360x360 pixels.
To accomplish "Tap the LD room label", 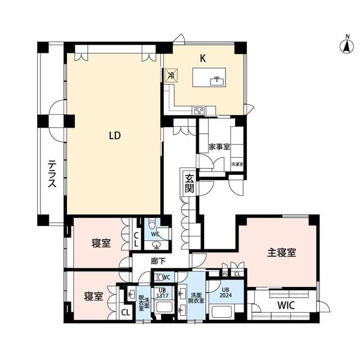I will click(x=115, y=136).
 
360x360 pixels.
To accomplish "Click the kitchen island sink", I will click(x=216, y=81).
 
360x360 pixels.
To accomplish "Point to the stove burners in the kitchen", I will click(x=200, y=110).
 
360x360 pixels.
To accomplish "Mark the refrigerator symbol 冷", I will click(x=171, y=74).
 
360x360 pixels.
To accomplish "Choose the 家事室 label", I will click(x=219, y=147).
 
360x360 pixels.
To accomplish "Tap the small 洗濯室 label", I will click(x=236, y=164).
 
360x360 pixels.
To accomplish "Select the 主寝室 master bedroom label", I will click(x=281, y=253).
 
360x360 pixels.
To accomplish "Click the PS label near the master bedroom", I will click(x=226, y=274).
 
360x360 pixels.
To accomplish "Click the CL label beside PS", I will click(x=238, y=274).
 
